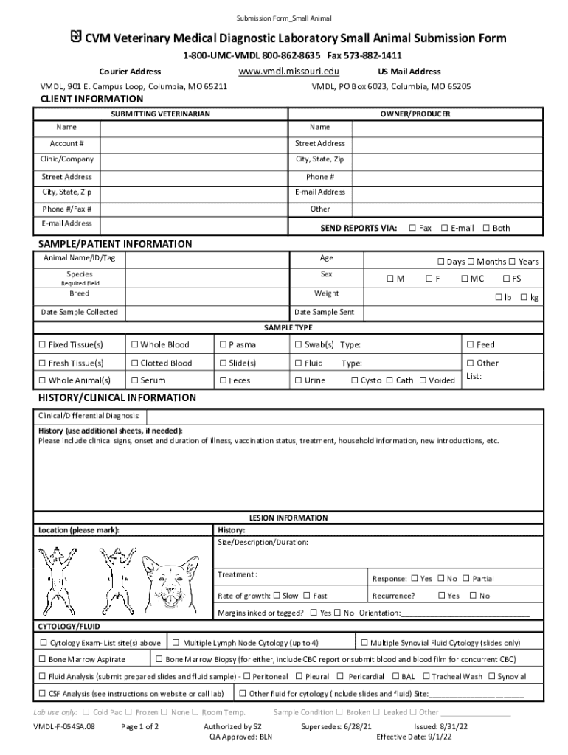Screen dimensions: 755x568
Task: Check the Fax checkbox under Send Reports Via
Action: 412,228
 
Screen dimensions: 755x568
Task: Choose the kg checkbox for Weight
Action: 524,297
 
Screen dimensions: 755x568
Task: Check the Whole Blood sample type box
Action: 134,344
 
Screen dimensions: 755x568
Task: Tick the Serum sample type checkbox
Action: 134,380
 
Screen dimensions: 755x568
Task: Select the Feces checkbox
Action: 223,380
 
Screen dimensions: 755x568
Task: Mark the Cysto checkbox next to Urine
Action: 355,380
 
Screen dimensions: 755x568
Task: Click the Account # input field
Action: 192,144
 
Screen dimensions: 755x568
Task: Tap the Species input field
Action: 207,278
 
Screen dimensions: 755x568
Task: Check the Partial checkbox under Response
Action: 466,579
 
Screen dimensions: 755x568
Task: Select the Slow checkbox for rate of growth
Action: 277,596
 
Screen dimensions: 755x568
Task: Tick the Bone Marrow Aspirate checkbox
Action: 43,659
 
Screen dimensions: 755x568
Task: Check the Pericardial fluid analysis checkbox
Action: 340,676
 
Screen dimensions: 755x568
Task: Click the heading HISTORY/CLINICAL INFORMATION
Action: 117,398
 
